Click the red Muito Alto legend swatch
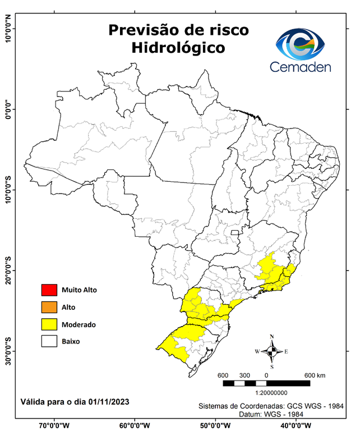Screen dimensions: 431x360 49,290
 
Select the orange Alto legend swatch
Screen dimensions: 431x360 49,307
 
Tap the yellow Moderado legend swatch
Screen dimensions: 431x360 49,324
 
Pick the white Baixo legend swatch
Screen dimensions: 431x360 49,341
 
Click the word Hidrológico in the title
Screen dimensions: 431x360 178,48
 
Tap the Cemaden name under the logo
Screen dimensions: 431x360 300,67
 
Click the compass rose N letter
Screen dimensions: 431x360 272,337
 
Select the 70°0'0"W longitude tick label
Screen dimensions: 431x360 54,424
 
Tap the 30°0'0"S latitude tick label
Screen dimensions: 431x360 9,351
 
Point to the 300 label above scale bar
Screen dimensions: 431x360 244,375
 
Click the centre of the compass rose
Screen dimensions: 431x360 272,351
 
